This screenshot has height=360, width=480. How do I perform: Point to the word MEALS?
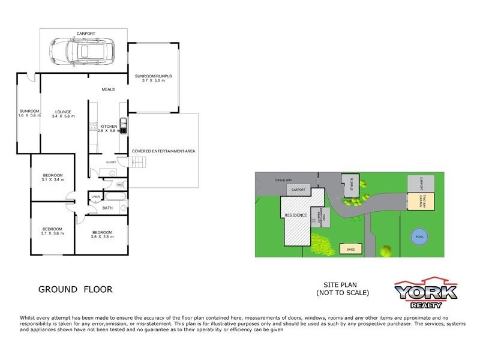tap(108, 89)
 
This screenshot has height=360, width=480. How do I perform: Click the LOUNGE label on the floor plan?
tap(63, 112)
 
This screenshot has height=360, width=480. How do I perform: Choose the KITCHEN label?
tap(109, 127)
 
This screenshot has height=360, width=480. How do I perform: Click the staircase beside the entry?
tap(138, 163)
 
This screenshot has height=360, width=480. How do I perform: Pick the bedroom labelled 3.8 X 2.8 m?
tap(102, 234)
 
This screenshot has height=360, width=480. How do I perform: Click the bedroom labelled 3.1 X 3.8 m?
tap(52, 231)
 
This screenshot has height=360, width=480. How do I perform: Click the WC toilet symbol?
tap(119, 184)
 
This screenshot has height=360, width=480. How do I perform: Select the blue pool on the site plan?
tap(419, 236)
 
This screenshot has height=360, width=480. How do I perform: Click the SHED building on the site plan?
tap(350, 248)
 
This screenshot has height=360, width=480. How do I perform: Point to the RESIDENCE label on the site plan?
tap(296, 215)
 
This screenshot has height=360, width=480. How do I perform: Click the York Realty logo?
tap(425, 293)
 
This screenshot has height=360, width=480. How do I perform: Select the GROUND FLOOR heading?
tap(75, 289)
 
